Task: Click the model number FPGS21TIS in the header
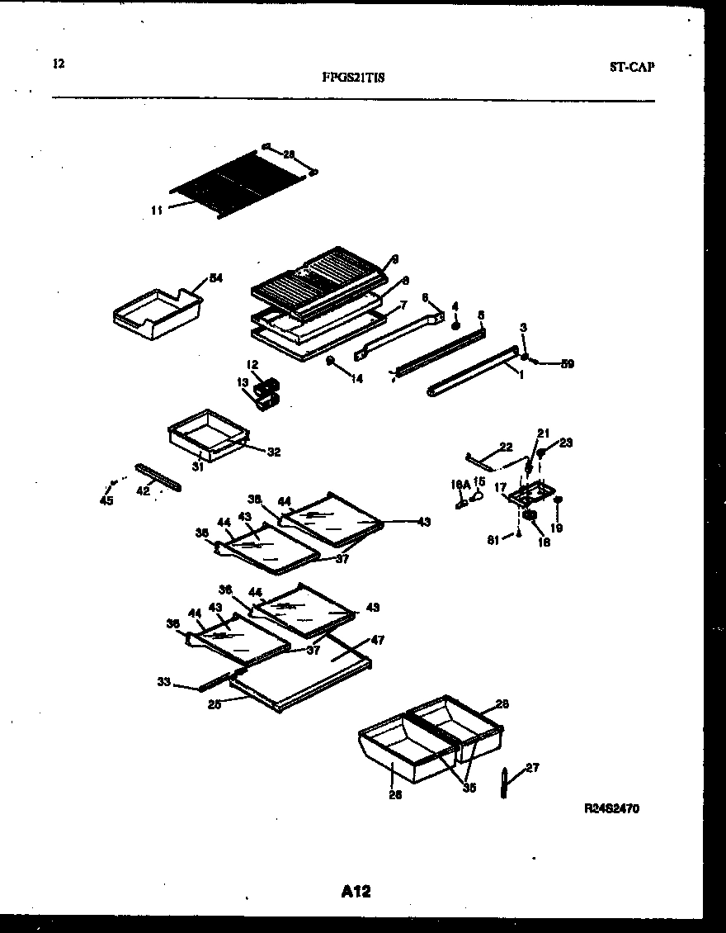point(351,78)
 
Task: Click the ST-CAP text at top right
point(632,68)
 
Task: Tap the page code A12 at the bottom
point(356,891)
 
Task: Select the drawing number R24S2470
point(611,809)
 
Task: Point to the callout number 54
point(215,278)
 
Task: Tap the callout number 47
point(378,640)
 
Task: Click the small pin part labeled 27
point(505,783)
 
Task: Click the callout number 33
point(164,681)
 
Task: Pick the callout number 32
point(274,452)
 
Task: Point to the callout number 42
point(143,490)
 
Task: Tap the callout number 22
point(506,447)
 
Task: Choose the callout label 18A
point(460,488)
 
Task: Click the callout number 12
point(252,364)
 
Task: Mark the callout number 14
point(356,379)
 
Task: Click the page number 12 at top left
point(58,64)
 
